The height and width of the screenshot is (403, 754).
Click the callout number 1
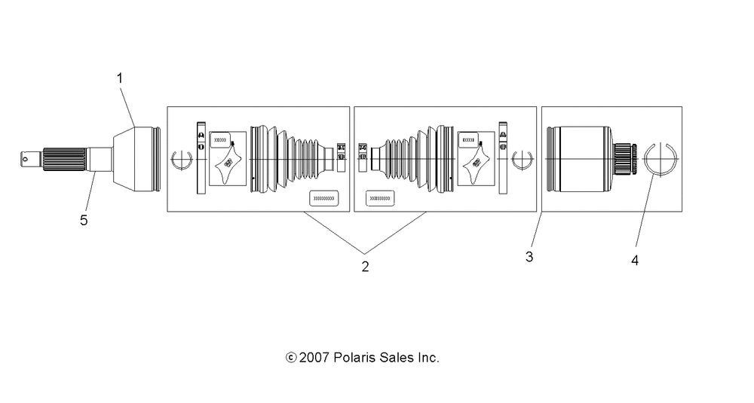[x=119, y=78]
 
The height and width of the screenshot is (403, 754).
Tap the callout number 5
[x=84, y=220]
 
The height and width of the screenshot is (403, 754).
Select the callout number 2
[x=365, y=267]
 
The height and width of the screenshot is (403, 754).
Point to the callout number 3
[x=529, y=256]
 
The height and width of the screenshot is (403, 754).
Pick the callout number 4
[x=635, y=261]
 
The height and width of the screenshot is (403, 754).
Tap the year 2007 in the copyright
[x=312, y=358]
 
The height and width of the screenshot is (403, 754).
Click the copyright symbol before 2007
[x=290, y=358]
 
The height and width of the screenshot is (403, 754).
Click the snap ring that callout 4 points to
[x=661, y=160]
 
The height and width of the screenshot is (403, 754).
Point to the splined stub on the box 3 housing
[x=624, y=159]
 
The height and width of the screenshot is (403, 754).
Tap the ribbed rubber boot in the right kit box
[x=407, y=160]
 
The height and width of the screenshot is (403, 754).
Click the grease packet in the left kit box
[x=228, y=165]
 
